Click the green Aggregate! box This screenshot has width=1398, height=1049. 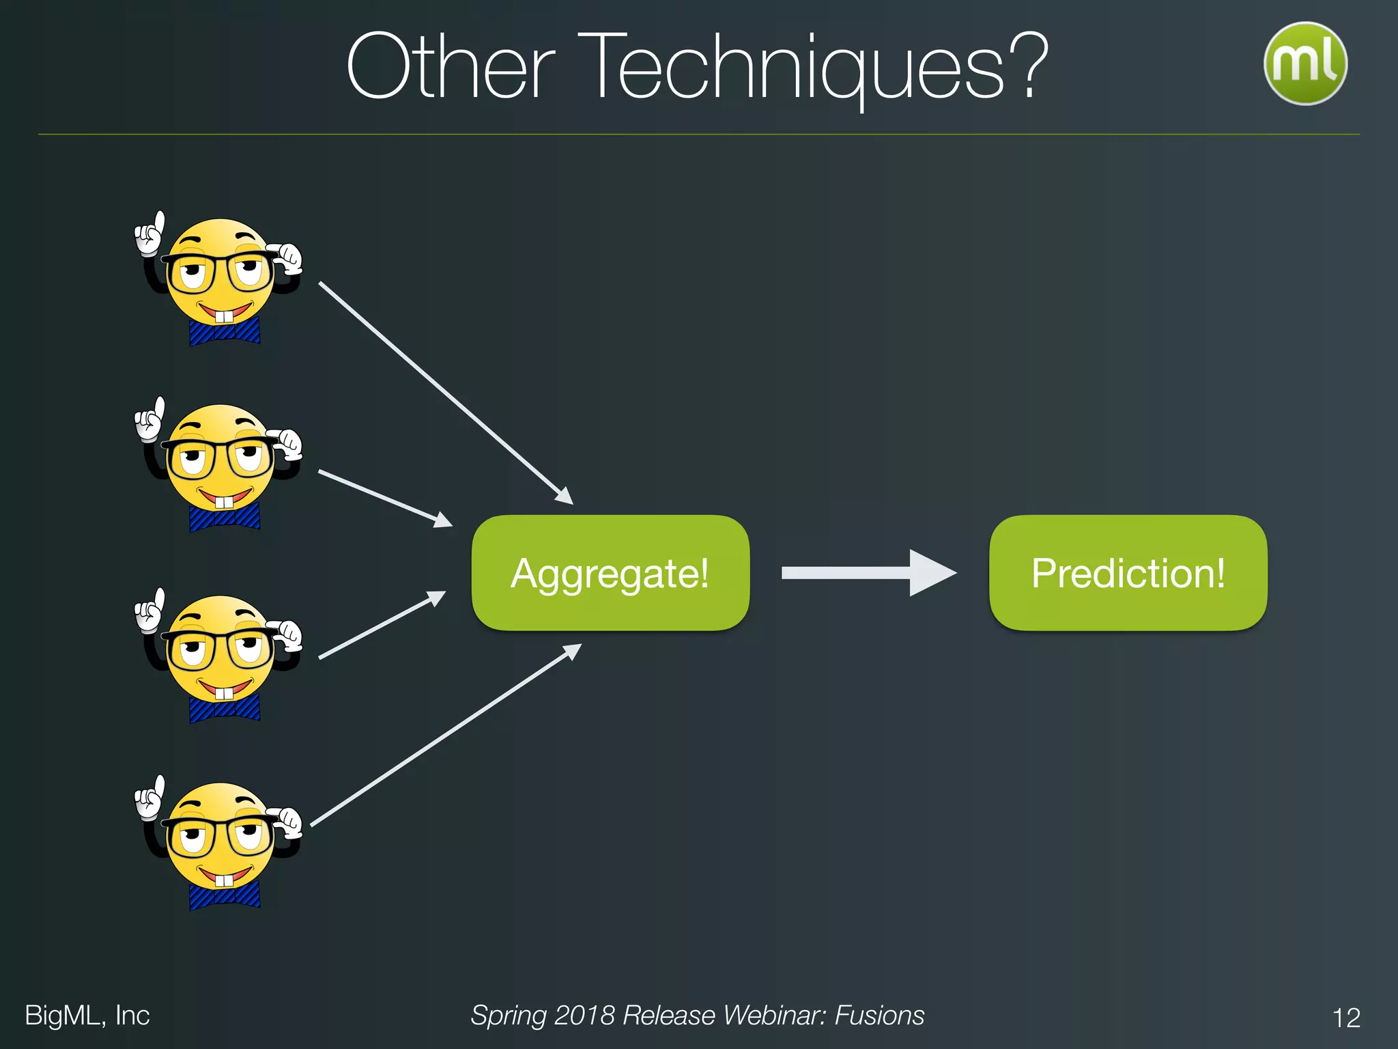[610, 572]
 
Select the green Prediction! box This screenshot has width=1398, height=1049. [1128, 572]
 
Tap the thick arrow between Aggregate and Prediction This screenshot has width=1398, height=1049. [867, 573]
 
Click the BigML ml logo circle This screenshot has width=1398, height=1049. [1304, 63]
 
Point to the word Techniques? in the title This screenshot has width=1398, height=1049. [816, 68]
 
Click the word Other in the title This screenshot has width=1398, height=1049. [451, 68]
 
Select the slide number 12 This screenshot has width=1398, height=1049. [1345, 1018]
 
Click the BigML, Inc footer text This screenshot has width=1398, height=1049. [87, 1016]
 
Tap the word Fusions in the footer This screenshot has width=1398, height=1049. [879, 1016]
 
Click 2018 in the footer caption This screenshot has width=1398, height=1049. [584, 1016]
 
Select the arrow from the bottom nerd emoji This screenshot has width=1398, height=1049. [444, 736]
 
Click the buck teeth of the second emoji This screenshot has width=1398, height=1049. [224, 503]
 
